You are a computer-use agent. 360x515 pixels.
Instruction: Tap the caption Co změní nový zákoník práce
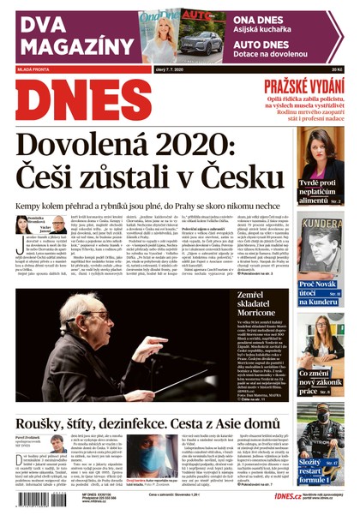[x=320, y=380]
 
